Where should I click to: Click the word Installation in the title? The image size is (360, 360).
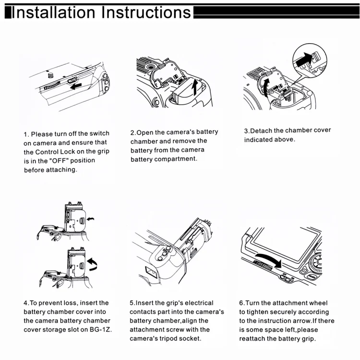[x=53, y=12]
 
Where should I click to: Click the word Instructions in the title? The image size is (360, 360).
[x=146, y=12]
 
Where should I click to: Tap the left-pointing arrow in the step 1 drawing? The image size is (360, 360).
[x=76, y=86]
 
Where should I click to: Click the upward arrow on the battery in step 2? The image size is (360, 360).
[x=195, y=87]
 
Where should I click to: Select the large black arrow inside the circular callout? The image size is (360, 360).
[x=304, y=59]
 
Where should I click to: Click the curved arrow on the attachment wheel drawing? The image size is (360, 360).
[x=269, y=259]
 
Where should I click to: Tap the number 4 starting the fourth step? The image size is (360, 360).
[x=25, y=303]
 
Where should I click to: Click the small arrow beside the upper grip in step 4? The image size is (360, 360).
[x=90, y=219]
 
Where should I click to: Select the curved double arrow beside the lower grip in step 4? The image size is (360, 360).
[x=93, y=264]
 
